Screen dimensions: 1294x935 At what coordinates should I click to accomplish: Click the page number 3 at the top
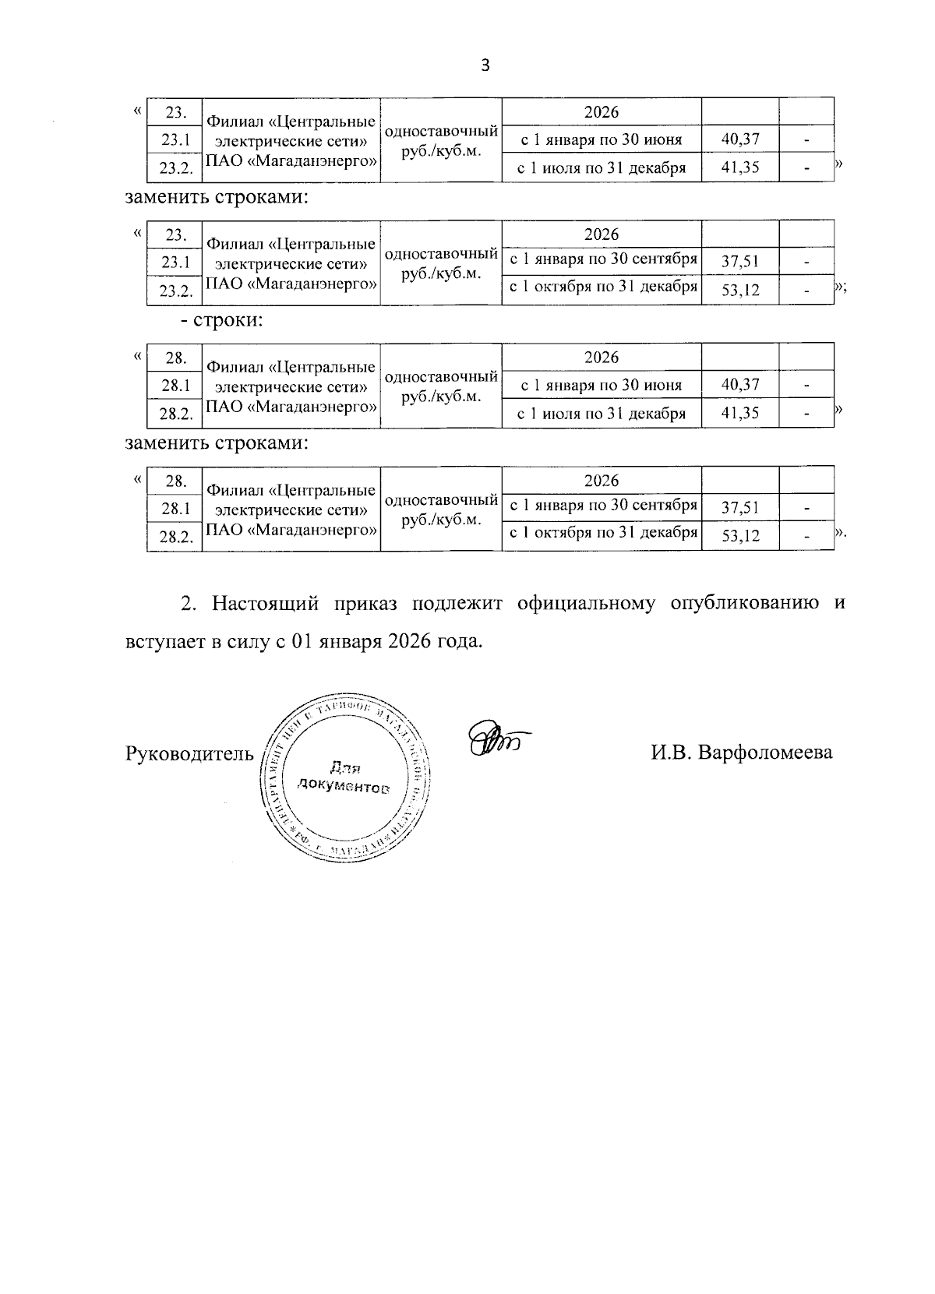pos(485,66)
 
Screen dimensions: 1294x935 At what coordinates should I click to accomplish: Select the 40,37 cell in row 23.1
pos(740,139)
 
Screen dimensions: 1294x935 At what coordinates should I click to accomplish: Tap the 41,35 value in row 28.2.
pos(740,413)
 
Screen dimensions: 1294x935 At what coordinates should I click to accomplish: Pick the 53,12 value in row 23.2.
pos(740,290)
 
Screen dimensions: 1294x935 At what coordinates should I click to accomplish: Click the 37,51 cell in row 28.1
pos(740,508)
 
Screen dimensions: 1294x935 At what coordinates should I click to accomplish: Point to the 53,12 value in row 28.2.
pos(740,536)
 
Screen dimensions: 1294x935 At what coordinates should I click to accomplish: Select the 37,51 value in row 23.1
pos(740,262)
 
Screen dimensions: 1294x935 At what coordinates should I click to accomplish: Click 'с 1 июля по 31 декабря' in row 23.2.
pos(602,167)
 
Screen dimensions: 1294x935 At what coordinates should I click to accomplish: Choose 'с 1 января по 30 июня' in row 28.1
pos(602,385)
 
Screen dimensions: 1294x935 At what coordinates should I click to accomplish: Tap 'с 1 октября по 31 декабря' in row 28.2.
pos(602,533)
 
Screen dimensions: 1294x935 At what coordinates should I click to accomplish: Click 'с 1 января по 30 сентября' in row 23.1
pos(602,259)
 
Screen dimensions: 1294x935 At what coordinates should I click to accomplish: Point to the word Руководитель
pos(189,753)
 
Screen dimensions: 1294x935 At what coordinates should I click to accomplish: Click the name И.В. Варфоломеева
pos(742,753)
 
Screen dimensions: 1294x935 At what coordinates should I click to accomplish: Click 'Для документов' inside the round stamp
pos(343,777)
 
